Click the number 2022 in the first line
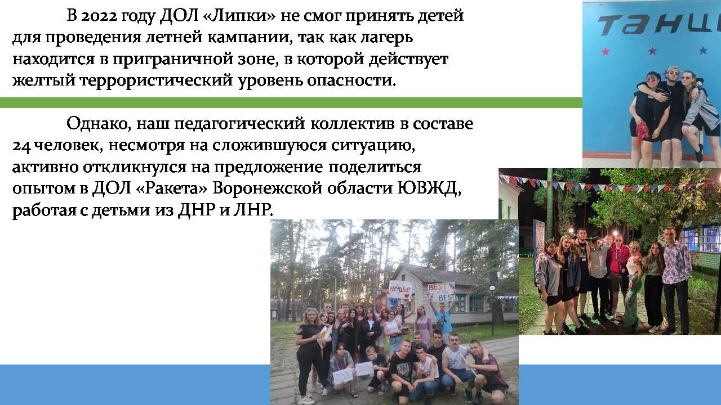pos(99,16)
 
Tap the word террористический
pos(156,80)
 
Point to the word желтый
pos(44,80)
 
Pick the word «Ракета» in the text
pos(172,188)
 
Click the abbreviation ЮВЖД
pos(427,188)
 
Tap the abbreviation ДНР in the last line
pos(197,210)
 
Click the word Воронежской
pos(267,188)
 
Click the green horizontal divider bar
pos(291,102)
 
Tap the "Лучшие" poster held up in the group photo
pos(400,289)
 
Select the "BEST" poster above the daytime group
pos(441,292)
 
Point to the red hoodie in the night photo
pos(620,260)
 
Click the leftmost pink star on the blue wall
pos(605,51)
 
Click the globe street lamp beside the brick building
pos(492,289)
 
